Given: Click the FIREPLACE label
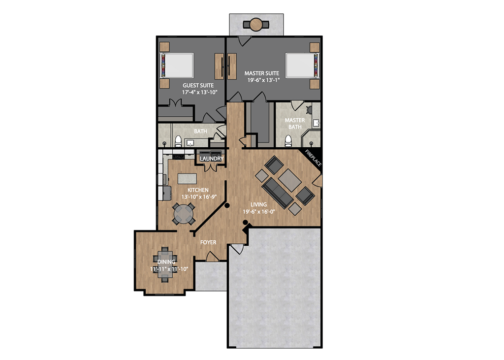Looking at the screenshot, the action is pos(313,158).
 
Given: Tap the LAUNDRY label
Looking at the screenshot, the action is pos(212,159).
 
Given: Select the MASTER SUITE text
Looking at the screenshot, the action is pos(262,73).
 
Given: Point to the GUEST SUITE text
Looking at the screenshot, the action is pos(198,85).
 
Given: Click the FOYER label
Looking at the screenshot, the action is pos(208,242).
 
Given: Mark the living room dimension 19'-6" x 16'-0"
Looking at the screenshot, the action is pos(259,211).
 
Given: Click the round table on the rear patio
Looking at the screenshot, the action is pos(256,25).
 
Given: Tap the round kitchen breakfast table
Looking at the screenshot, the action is pos(184,213).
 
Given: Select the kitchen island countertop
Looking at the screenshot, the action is pos(187,179).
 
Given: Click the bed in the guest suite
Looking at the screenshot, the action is pos(177,65).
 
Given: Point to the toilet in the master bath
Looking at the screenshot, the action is pos(288,140).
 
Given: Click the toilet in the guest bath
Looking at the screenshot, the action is pos(178,141).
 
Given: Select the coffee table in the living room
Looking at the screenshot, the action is pos(290,180).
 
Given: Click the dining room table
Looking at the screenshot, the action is pos(165,264).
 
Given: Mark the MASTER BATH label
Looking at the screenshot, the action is pos(295,124).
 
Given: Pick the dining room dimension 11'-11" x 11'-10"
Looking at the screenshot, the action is pos(169,269).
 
